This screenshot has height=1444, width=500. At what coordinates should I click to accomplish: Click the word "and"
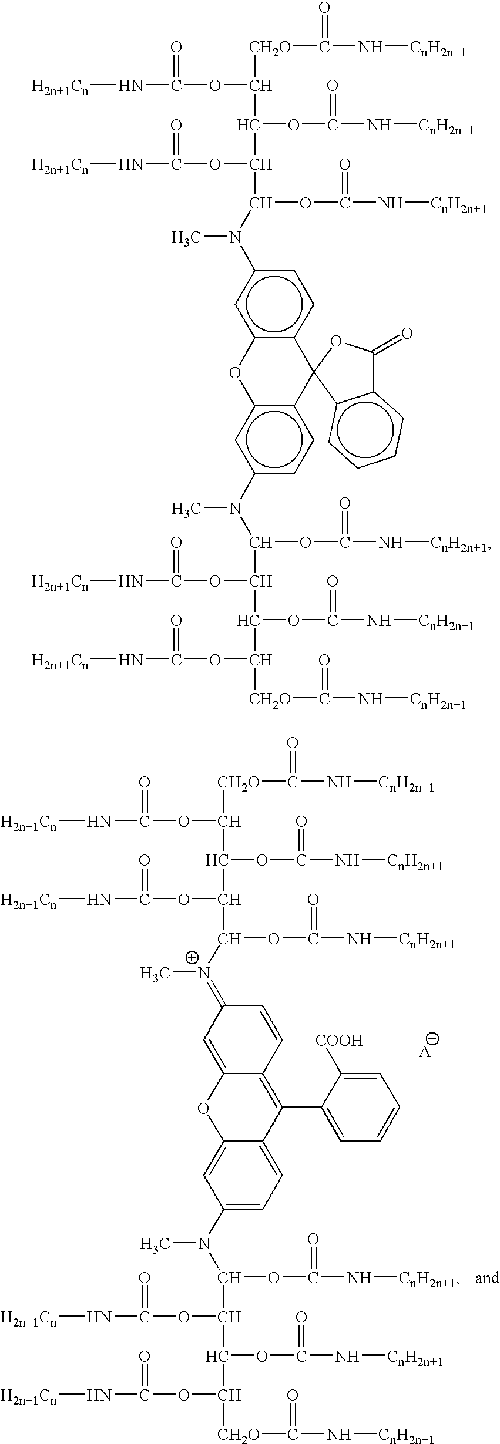coord(487,1278)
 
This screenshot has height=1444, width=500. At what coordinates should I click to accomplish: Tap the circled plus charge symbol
coord(192,958)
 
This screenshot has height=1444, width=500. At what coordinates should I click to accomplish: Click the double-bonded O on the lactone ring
coord(406,334)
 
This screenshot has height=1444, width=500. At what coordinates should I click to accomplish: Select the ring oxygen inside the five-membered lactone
coord(336,341)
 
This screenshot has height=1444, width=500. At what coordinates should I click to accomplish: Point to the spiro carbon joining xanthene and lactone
coord(313,371)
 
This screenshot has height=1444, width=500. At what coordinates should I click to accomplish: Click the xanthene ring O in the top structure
coord(235,372)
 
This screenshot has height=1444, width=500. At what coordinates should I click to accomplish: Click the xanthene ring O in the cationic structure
coord(203,1109)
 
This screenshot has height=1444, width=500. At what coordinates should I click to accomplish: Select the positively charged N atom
coord(204,974)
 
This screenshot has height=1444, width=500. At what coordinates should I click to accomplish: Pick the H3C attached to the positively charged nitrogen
coord(155,974)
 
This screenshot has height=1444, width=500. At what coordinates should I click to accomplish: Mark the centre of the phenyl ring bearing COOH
coord(360,1108)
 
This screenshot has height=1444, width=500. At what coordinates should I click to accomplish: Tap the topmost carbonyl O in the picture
coord(324,8)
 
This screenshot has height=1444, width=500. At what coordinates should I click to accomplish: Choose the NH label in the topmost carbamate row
coord(370,48)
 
